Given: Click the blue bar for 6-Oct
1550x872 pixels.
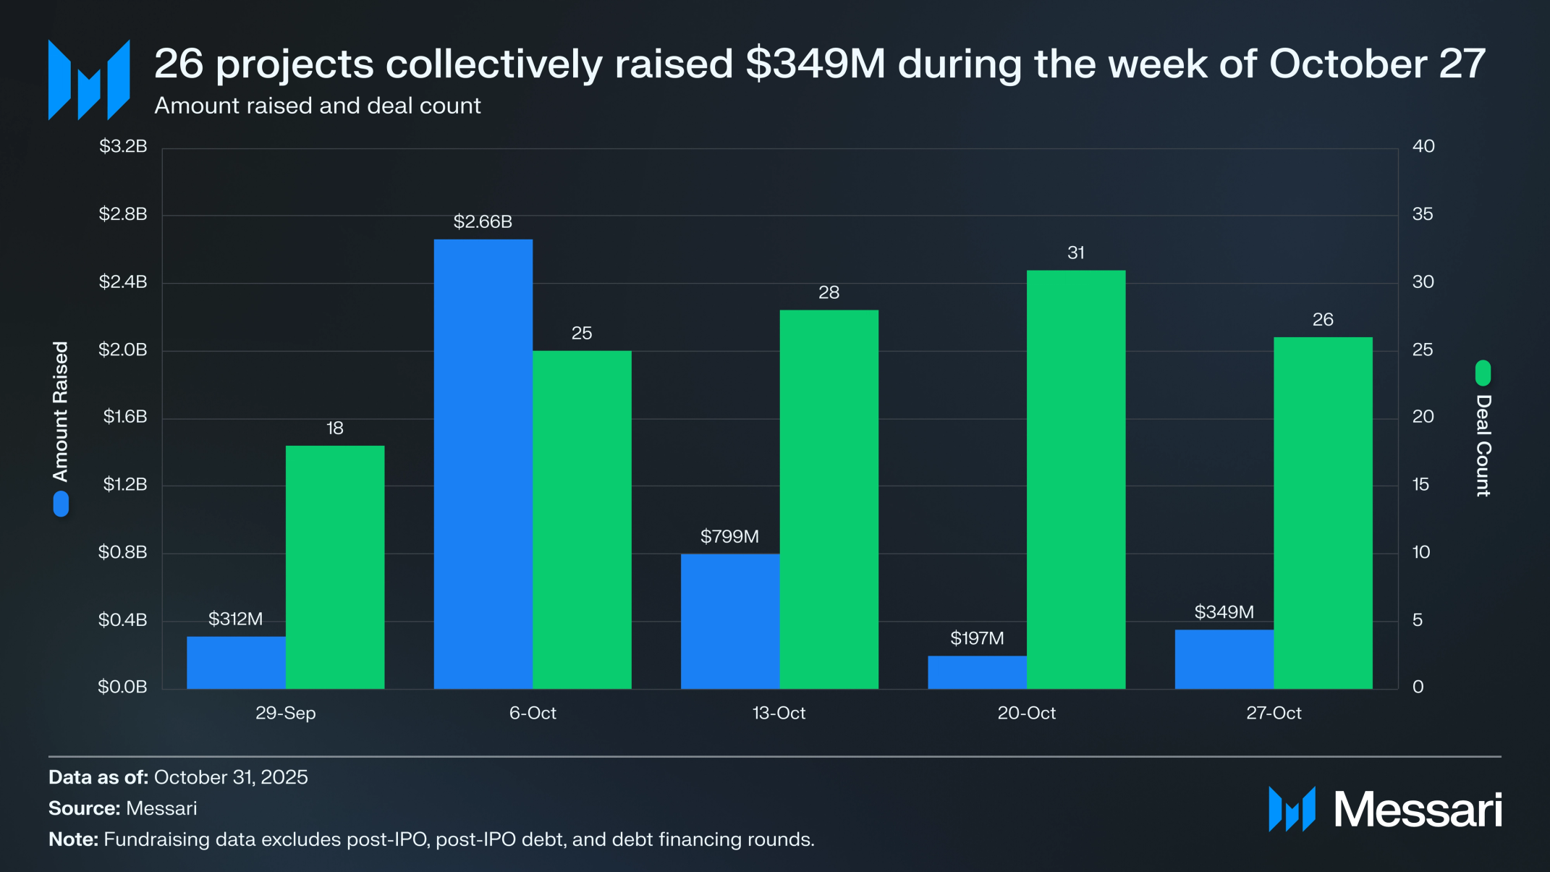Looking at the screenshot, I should [483, 463].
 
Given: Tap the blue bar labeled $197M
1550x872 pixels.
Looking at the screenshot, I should [977, 672].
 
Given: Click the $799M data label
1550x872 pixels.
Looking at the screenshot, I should [729, 536].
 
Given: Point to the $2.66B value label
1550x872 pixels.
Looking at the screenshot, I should [483, 221].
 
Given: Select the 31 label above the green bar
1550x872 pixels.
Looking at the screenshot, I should [1075, 253].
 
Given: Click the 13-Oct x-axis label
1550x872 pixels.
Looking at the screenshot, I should [779, 713].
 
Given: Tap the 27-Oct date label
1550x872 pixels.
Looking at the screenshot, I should [1273, 713].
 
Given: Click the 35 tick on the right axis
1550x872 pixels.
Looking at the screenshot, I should [1423, 214].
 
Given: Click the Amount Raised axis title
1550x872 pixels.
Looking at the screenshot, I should [61, 411].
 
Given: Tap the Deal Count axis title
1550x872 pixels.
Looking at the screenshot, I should [1483, 445].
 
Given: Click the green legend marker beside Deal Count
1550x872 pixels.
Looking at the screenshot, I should [1483, 373].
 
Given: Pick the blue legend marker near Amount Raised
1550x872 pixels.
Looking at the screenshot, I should [61, 504].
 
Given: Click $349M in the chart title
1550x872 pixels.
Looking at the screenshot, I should [816, 64].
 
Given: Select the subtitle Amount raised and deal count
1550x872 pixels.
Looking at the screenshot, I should [317, 106].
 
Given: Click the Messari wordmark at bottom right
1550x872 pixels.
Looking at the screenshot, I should [1417, 809].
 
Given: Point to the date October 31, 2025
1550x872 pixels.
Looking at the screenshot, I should [231, 777].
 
